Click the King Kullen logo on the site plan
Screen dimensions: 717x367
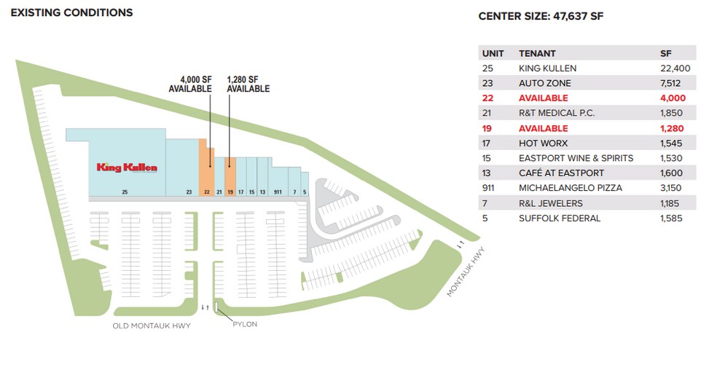[x=127, y=167]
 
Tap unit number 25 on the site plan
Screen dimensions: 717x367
[x=125, y=192]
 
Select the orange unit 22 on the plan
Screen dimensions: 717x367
[x=206, y=167]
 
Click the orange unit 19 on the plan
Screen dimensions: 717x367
[x=230, y=177]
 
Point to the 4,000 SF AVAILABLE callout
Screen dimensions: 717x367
[x=190, y=84]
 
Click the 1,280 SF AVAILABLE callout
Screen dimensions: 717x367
[x=248, y=84]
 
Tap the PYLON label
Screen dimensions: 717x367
[x=245, y=325]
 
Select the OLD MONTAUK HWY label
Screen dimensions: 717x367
[x=152, y=326]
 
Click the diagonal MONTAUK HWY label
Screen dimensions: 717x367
[x=465, y=272]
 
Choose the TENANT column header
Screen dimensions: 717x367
[x=537, y=53]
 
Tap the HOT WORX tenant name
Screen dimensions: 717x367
[x=544, y=143]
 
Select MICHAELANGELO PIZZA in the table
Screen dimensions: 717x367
[x=571, y=188]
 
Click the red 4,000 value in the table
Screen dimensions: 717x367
[x=673, y=98]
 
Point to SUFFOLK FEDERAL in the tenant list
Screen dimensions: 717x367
[x=560, y=218]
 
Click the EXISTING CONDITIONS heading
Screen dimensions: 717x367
[x=72, y=13]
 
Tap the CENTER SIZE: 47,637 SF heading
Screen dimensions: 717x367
[x=541, y=17]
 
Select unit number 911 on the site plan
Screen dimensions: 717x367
[x=278, y=192]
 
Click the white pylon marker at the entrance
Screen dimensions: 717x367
[x=216, y=306]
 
